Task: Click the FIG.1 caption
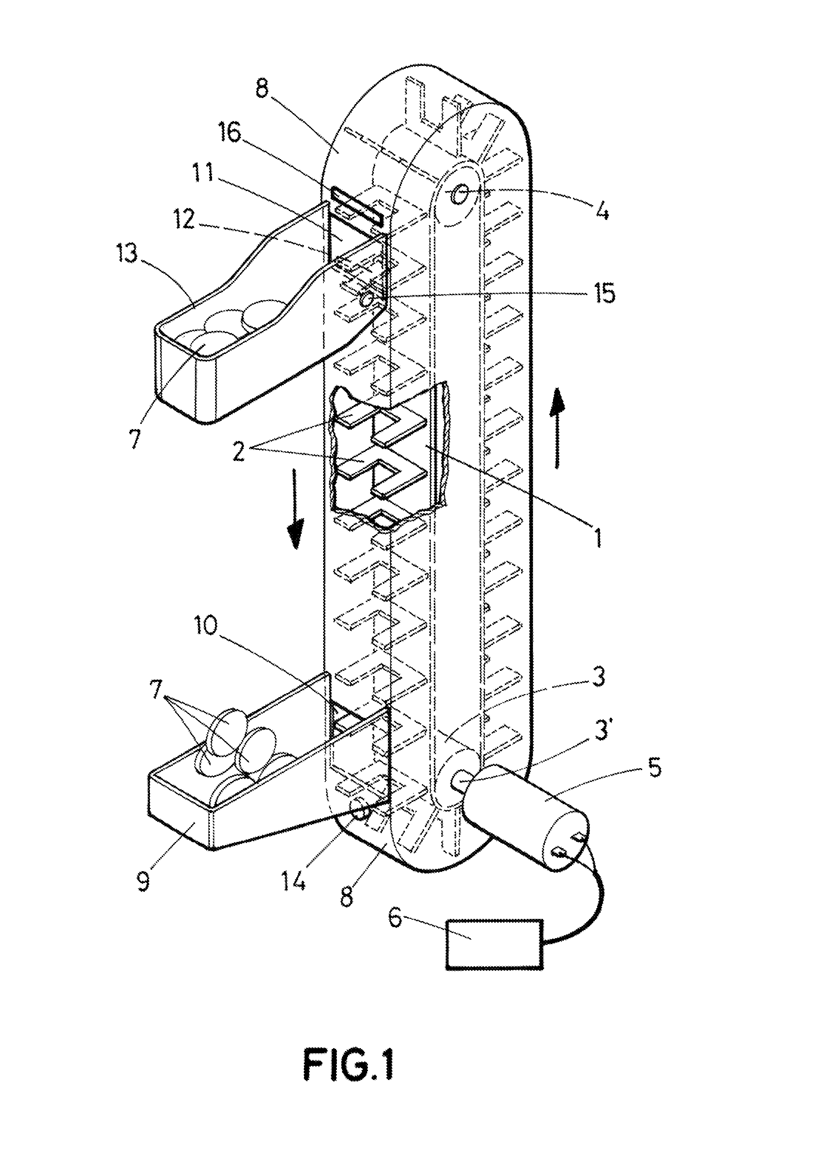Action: pos(349,1064)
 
